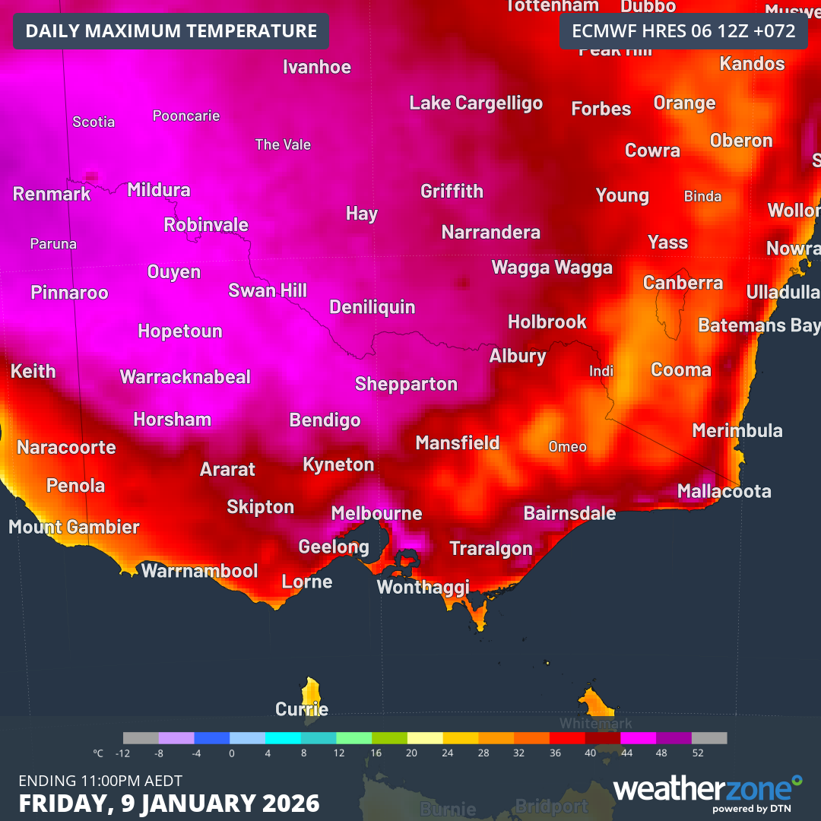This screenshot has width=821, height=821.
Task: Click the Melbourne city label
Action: pos(376,514)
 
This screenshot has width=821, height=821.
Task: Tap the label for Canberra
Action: pos(683,283)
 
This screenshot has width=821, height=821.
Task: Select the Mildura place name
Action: pos(159,190)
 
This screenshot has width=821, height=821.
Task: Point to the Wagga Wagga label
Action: pos(552,268)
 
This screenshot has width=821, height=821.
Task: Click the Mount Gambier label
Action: pos(74,527)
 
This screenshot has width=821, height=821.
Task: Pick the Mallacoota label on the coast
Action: pos(724,492)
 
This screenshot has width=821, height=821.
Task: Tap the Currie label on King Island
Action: pos(302,709)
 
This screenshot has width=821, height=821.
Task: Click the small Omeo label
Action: pos(567,447)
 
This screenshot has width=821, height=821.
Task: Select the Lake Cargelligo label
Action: pos(476,103)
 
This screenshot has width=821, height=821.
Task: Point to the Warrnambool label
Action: pos(200,571)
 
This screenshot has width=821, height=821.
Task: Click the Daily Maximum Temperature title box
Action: pos(171,31)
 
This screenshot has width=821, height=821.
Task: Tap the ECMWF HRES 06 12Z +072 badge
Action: pos(683,31)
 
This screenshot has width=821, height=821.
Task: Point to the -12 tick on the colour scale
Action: pos(123,753)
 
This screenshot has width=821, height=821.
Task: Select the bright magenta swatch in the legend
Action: pos(638,738)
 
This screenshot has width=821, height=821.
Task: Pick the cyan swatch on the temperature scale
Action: pos(283,738)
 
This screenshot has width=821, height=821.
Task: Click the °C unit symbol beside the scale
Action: pos(98,753)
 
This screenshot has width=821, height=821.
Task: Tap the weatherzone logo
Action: pos(707,791)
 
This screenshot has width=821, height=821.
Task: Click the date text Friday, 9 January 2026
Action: pos(169,803)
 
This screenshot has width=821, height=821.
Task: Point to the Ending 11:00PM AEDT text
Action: pos(100,781)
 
